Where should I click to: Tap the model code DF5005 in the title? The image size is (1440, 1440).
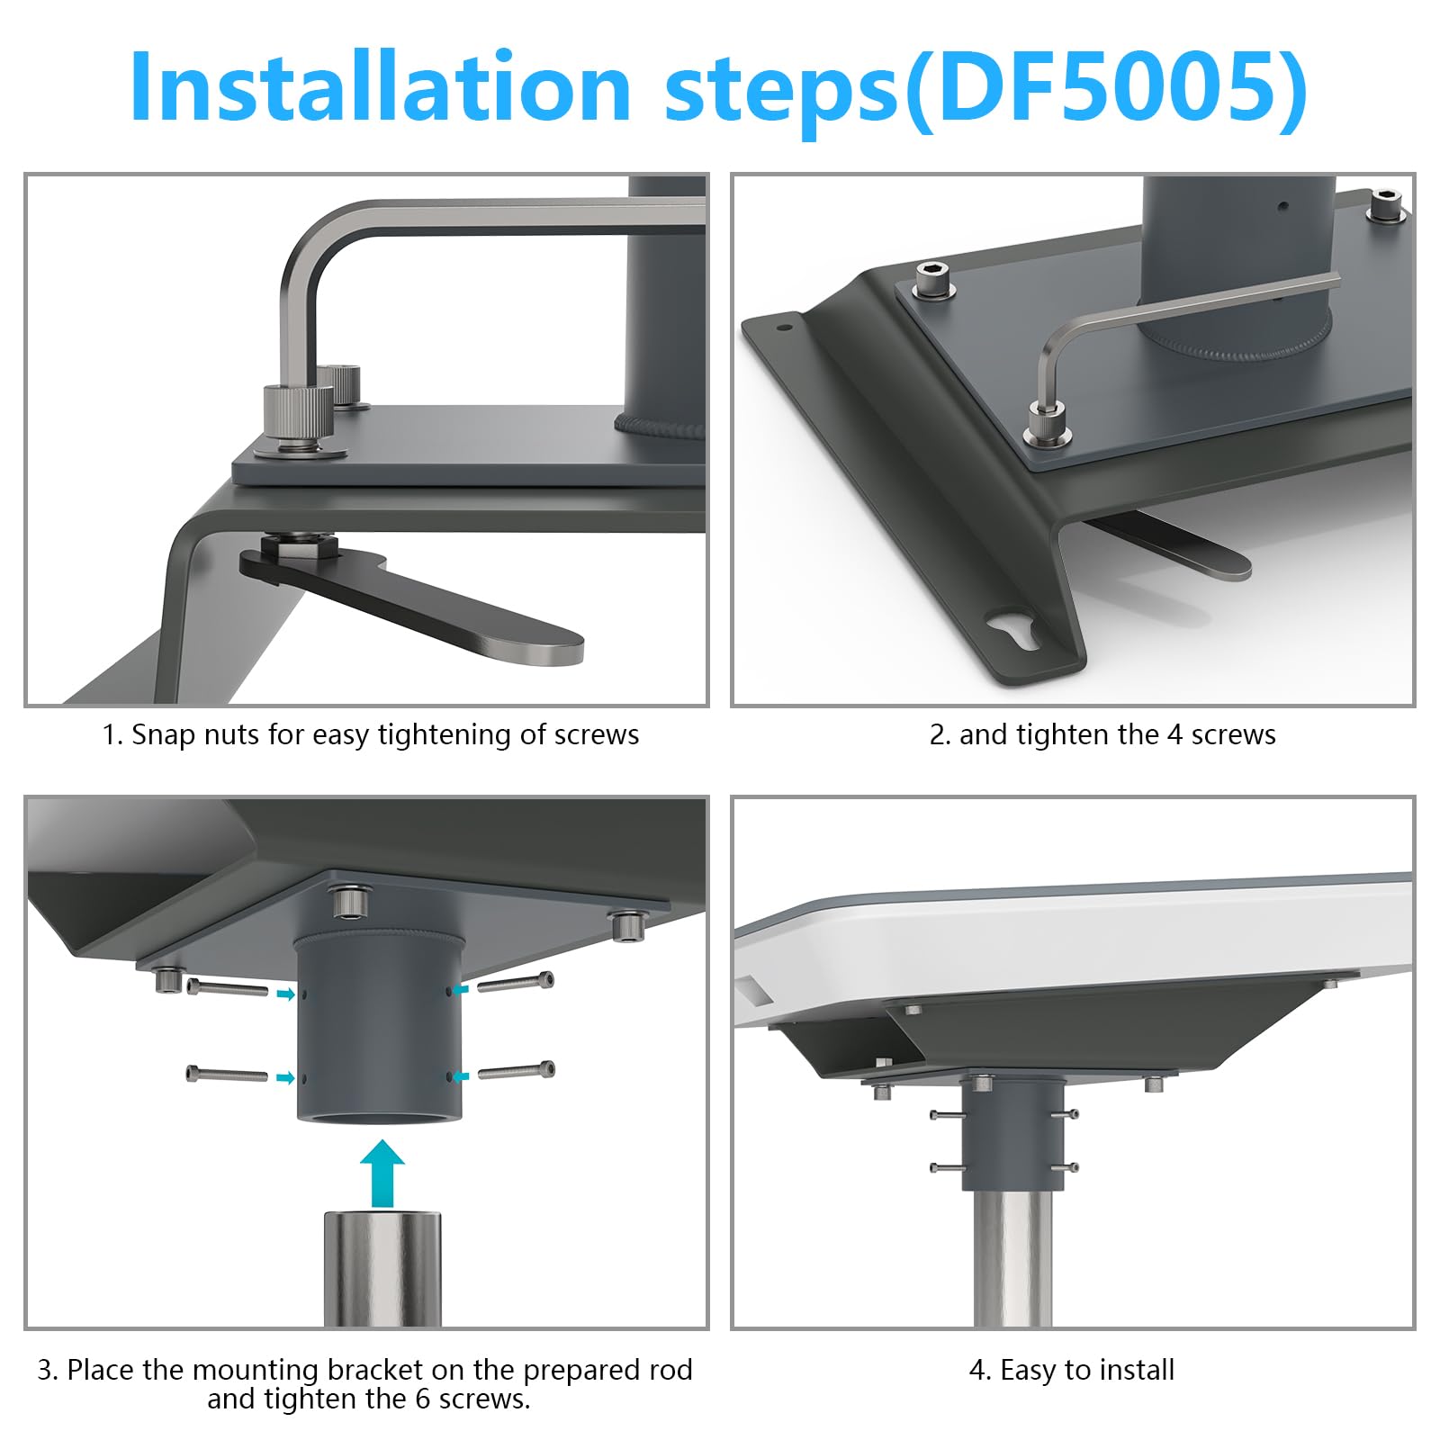pyautogui.click(x=1106, y=87)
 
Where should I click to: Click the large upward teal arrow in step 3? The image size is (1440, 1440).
pyautogui.click(x=382, y=1174)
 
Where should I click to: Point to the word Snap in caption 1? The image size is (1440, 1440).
pyautogui.click(x=165, y=735)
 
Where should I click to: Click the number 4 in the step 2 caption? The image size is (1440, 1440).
pyautogui.click(x=1174, y=735)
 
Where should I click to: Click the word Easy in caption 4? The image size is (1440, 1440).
pyautogui.click(x=1029, y=1371)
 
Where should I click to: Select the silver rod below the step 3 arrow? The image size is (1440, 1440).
pyautogui.click(x=382, y=1269)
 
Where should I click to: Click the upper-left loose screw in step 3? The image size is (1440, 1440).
pyautogui.click(x=227, y=988)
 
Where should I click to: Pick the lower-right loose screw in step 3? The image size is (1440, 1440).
pyautogui.click(x=516, y=1071)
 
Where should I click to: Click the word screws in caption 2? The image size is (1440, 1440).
pyautogui.click(x=1234, y=735)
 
